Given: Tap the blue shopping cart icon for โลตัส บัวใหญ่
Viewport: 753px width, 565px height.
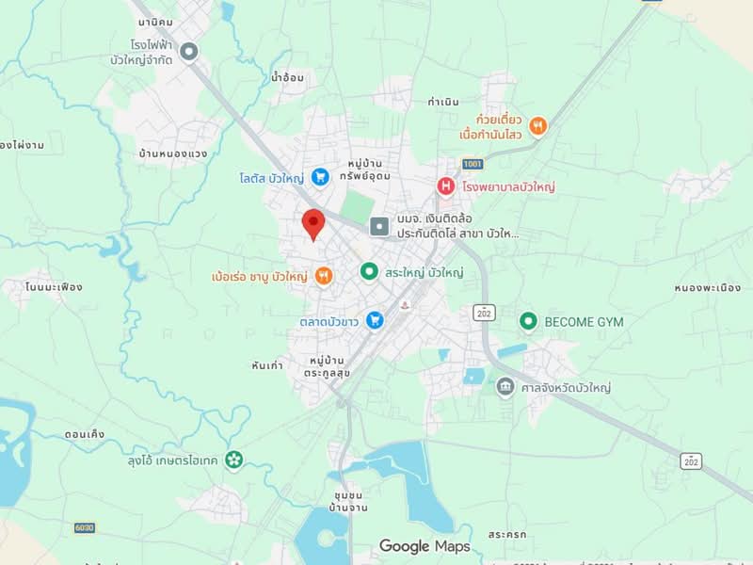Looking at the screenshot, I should [x=320, y=176].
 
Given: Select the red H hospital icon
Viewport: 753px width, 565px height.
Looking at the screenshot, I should [x=446, y=186].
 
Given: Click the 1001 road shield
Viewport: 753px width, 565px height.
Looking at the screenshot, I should [x=472, y=164].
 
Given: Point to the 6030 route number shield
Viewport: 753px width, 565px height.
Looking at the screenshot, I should [x=85, y=527].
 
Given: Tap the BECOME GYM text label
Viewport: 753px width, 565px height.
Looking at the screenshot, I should [x=584, y=322].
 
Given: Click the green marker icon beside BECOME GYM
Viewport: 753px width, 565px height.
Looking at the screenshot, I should [x=528, y=322].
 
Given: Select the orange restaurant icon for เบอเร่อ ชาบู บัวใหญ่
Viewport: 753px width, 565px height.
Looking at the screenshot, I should [x=324, y=276].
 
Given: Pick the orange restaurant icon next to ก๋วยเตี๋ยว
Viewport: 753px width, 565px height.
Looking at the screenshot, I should [x=537, y=125].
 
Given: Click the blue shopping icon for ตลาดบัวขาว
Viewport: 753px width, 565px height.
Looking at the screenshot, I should [x=375, y=321].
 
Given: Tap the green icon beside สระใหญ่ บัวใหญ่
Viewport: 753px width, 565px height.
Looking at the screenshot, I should [x=369, y=272].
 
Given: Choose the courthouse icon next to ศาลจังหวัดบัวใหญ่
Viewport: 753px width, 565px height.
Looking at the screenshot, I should [x=505, y=387].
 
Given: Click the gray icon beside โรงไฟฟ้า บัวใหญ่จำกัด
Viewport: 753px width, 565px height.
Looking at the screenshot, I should [x=189, y=52].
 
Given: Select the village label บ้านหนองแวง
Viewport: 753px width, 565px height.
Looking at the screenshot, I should [x=172, y=153].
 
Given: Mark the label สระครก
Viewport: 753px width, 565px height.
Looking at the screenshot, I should [x=507, y=534].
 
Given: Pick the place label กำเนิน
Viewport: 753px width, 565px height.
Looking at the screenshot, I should [x=443, y=102].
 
